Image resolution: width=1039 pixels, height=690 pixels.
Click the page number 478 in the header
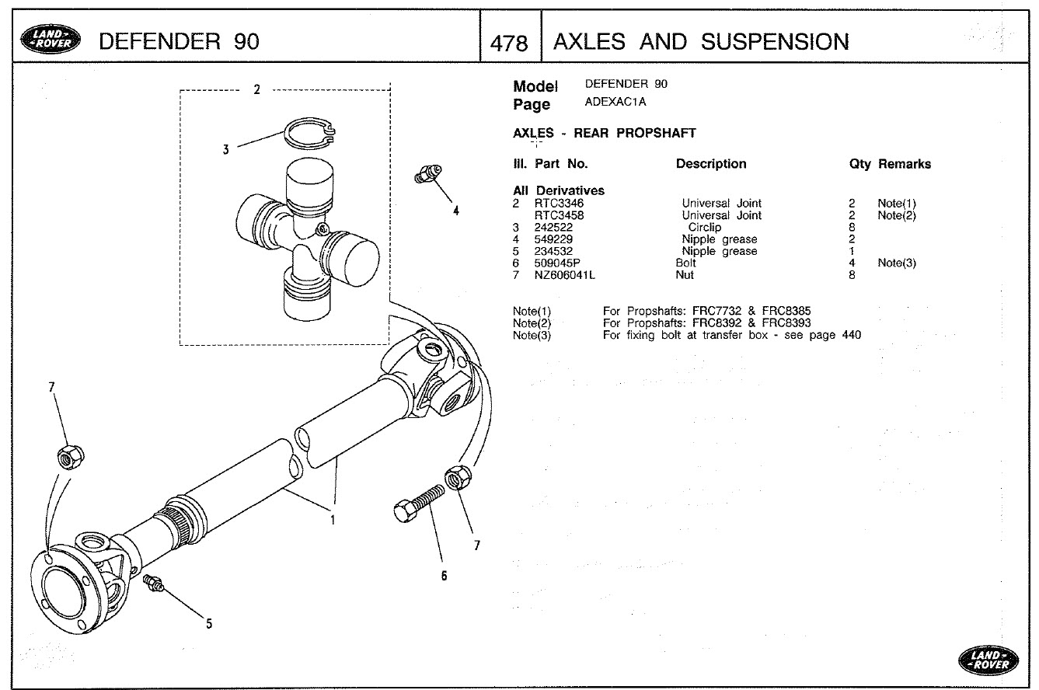pyautogui.click(x=510, y=43)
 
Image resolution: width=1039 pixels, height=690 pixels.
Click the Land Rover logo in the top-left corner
pyautogui.click(x=50, y=41)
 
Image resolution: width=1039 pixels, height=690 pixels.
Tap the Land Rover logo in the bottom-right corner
pyautogui.click(x=989, y=660)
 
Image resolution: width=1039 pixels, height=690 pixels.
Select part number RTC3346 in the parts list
pyautogui.click(x=560, y=204)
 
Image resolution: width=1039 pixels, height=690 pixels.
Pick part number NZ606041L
pyautogui.click(x=565, y=275)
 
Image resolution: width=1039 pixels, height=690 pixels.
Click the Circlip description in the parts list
pyautogui.click(x=704, y=228)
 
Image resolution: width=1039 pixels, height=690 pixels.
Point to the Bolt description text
pyautogui.click(x=686, y=263)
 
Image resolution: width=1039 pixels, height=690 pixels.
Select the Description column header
pyautogui.click(x=710, y=164)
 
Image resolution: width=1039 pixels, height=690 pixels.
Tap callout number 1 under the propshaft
pyautogui.click(x=333, y=521)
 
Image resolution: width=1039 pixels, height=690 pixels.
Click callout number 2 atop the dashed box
pyautogui.click(x=256, y=89)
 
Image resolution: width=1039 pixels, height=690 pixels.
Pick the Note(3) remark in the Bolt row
pyautogui.click(x=896, y=263)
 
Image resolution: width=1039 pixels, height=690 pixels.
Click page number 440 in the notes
pyautogui.click(x=851, y=336)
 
